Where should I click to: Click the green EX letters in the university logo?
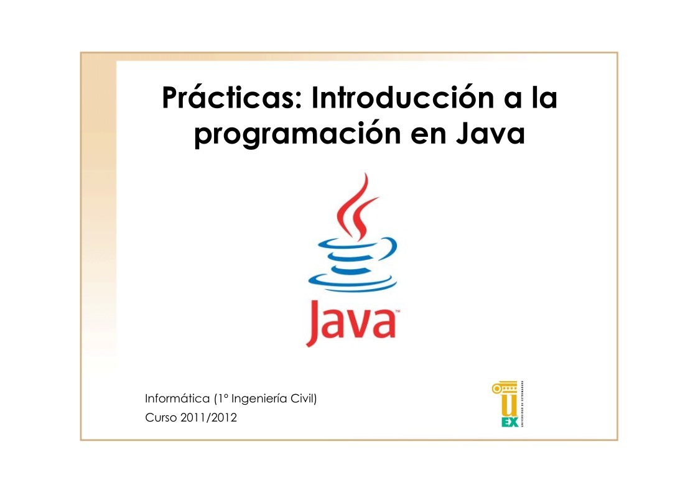click(x=510, y=422)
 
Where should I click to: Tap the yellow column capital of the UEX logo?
click(x=503, y=389)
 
